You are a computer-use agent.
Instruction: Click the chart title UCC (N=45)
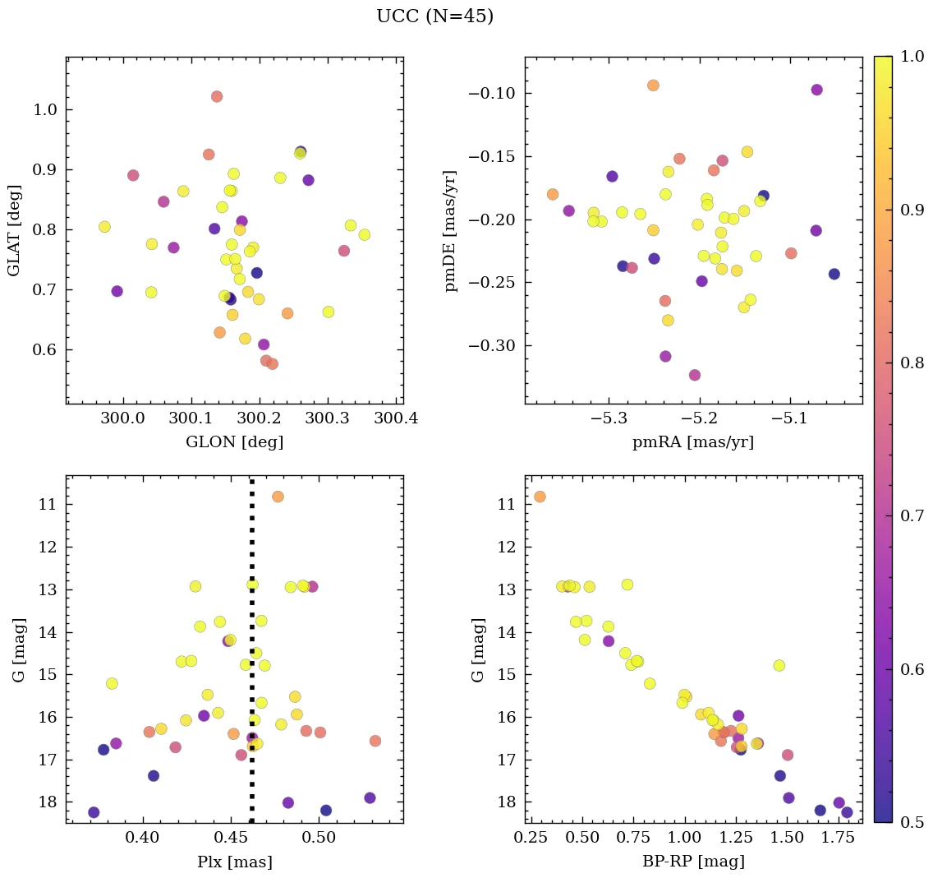point(434,16)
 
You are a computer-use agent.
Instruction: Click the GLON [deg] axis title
point(234,442)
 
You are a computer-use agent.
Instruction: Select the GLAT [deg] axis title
point(16,230)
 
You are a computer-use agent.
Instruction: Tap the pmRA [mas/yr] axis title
point(693,442)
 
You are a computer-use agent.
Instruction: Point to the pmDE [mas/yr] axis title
point(451,230)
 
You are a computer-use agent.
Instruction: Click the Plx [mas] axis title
point(234,862)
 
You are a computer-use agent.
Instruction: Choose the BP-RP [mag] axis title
point(693,862)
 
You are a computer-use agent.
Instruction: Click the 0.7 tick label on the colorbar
point(908,515)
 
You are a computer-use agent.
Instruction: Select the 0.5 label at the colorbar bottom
point(908,822)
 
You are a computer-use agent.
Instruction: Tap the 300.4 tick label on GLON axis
point(396,418)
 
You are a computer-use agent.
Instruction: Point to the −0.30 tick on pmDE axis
point(492,345)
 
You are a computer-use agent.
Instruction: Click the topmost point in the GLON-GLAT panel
point(217,96)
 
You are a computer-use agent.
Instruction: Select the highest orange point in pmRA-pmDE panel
point(653,85)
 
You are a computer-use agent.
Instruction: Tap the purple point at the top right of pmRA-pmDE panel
point(816,90)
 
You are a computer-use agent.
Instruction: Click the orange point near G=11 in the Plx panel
point(278,497)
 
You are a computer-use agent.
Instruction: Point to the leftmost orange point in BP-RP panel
point(540,497)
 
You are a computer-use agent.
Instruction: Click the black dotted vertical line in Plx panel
point(251,658)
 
